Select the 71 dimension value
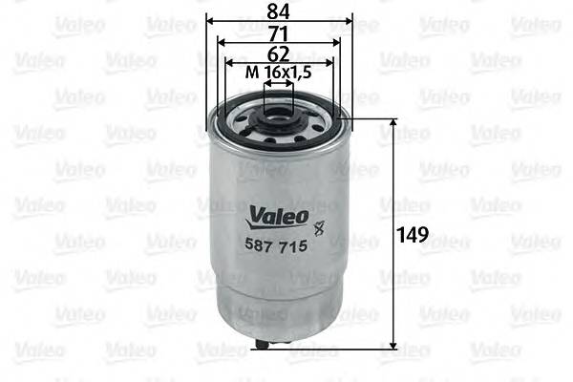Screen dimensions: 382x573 pos(279,32)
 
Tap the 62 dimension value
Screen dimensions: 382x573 pos(279,53)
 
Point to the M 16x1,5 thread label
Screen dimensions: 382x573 pos(278,74)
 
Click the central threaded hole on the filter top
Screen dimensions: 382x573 pos(279,122)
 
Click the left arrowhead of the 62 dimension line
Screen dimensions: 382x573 pos(229,62)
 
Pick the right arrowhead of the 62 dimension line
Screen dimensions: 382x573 pos(329,62)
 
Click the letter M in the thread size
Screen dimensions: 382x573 pos(251,74)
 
